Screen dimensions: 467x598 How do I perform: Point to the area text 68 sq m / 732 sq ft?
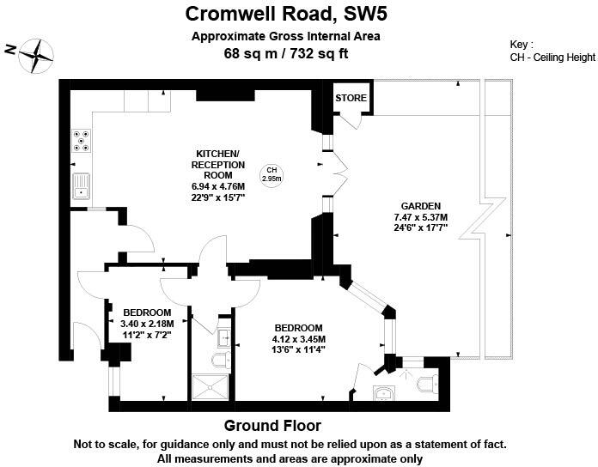pyautogui.click(x=285, y=54)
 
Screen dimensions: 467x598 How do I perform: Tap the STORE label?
pyautogui.click(x=351, y=98)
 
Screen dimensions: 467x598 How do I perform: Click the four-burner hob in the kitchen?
pyautogui.click(x=82, y=140)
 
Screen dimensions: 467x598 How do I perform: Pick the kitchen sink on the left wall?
pyautogui.click(x=82, y=185)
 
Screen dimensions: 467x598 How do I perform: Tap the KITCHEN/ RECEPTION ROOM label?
pyautogui.click(x=217, y=165)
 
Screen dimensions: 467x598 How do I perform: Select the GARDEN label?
pyautogui.click(x=421, y=206)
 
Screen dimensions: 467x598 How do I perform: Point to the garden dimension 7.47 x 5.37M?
pyautogui.click(x=421, y=217)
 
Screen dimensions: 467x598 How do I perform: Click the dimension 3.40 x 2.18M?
pyautogui.click(x=148, y=324)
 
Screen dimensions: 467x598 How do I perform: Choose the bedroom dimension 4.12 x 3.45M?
pyautogui.click(x=298, y=339)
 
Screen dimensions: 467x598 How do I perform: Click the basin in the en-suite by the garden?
pyautogui.click(x=384, y=393)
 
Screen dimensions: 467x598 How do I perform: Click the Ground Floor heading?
pyautogui.click(x=272, y=426)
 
